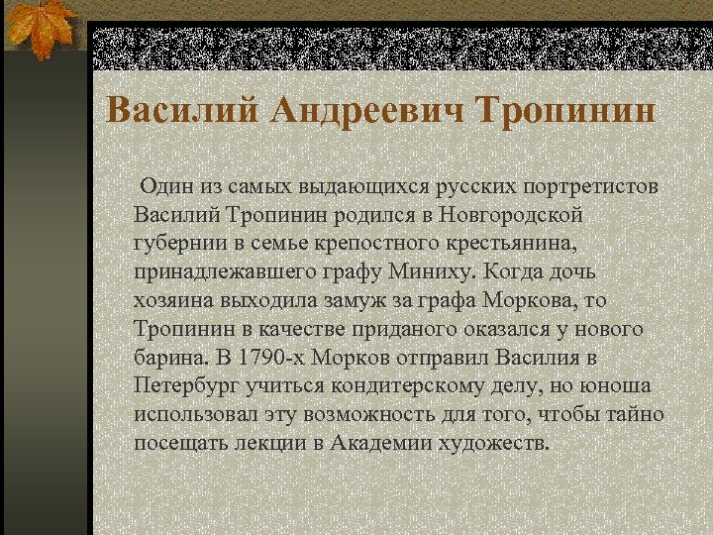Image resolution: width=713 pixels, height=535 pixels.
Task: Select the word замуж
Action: (378, 300)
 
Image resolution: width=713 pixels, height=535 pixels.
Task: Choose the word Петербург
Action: (187, 385)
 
